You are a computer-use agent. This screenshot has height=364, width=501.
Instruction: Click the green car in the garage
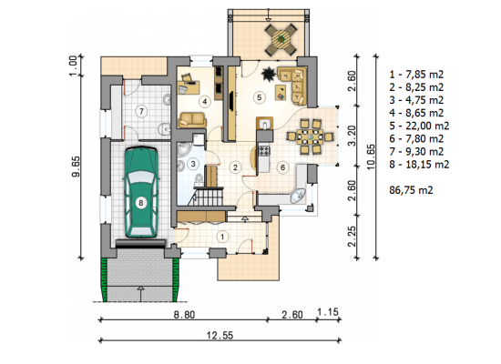pyautogui.click(x=141, y=192)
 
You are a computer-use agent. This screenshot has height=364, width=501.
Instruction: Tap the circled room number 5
pyautogui.click(x=259, y=97)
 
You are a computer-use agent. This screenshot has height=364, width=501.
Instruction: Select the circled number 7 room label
pyautogui.click(x=141, y=111)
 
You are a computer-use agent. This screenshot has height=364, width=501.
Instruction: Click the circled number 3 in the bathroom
pyautogui.click(x=193, y=164)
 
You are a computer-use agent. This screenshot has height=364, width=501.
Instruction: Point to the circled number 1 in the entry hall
pyautogui.click(x=222, y=237)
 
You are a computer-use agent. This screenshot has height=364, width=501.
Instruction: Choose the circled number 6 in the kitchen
pyautogui.click(x=282, y=167)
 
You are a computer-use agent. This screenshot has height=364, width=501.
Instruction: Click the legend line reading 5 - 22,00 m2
pyautogui.click(x=419, y=126)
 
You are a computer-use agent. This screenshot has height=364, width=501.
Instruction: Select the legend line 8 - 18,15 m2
pyautogui.click(x=419, y=165)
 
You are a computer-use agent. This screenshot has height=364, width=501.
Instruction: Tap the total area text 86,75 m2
pyautogui.click(x=411, y=190)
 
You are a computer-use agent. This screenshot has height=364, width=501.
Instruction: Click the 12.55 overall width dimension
pyautogui.click(x=220, y=335)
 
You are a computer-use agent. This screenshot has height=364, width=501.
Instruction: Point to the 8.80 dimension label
pyautogui.click(x=184, y=315)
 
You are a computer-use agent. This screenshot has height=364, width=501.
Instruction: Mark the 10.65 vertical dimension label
pyautogui.click(x=371, y=157)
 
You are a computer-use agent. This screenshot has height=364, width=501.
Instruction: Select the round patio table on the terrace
pyautogui.click(x=281, y=39)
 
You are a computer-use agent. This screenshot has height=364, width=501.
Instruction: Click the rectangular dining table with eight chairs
pyautogui.click(x=310, y=137)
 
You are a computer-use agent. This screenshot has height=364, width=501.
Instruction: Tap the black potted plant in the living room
pyautogui.click(x=269, y=74)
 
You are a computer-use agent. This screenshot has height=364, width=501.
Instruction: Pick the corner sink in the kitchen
pyautogui.click(x=298, y=196)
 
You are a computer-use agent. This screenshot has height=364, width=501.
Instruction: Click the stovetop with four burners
pyautogui.click(x=264, y=150)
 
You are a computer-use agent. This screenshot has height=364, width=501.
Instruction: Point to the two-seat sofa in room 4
pyautogui.click(x=192, y=119)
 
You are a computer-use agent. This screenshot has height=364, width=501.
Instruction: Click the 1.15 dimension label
pyautogui.click(x=328, y=311)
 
